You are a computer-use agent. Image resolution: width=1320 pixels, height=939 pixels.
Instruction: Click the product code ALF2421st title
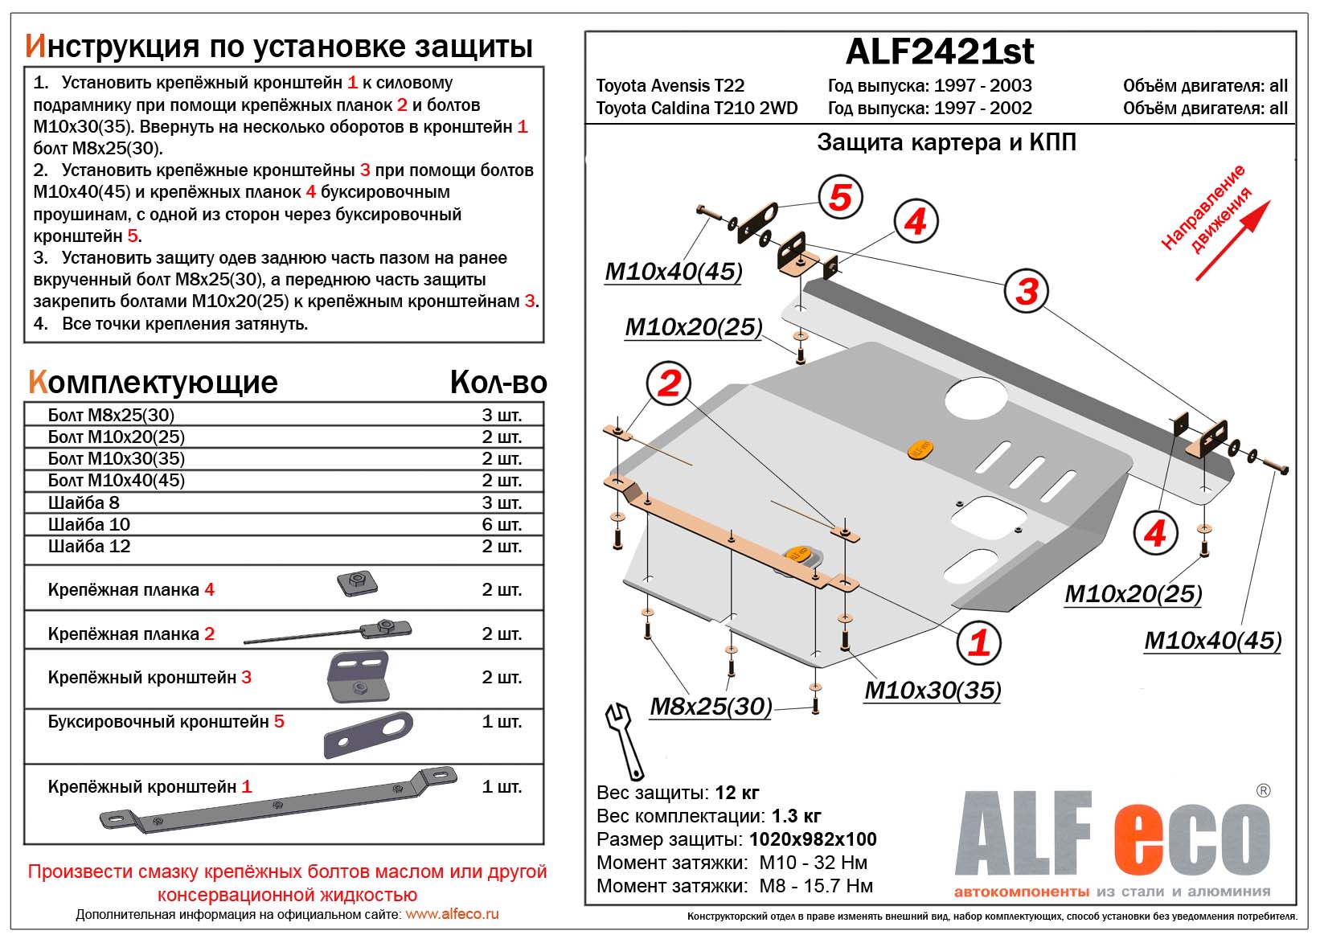click(940, 51)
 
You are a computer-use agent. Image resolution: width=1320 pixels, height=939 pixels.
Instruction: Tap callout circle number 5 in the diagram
click(840, 197)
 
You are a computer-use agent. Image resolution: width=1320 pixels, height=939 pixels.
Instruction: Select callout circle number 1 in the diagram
click(978, 642)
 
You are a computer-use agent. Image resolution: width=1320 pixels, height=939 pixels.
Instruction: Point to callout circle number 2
click(669, 383)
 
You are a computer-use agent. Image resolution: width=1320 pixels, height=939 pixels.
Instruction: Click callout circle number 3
click(1027, 291)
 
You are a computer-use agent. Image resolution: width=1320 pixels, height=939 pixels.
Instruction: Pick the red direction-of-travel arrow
click(1232, 240)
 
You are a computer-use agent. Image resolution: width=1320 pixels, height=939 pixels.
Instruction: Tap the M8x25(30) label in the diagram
click(711, 707)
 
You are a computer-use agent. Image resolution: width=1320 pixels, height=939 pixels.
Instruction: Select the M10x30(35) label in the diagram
click(933, 691)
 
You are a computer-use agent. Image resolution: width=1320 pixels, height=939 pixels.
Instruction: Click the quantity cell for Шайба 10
click(502, 524)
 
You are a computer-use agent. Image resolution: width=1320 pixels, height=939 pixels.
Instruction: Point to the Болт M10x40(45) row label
click(117, 481)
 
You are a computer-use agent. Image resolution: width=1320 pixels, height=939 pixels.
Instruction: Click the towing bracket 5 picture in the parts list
click(368, 735)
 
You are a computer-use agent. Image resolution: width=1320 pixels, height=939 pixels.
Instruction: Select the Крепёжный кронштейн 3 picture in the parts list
click(359, 677)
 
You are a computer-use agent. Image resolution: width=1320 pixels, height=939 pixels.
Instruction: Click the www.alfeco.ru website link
click(452, 914)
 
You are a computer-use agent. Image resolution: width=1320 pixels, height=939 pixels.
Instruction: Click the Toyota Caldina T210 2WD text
click(696, 109)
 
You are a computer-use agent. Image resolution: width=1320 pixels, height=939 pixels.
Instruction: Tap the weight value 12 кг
click(736, 793)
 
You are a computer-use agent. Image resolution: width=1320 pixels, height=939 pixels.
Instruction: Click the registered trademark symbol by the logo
click(1263, 790)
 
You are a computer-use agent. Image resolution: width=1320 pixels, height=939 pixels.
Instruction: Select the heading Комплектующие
click(153, 383)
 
